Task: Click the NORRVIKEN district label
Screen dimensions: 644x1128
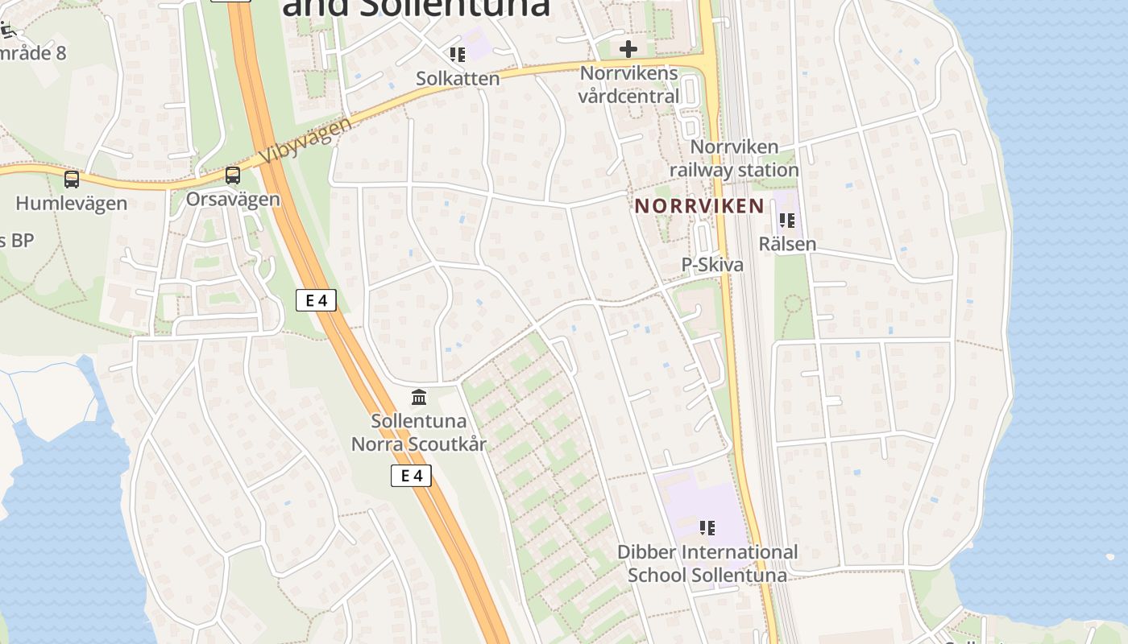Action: pos(699,205)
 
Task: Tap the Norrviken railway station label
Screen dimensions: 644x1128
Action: pos(734,159)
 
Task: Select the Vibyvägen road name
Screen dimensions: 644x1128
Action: pos(307,142)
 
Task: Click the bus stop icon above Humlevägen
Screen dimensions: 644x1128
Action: pos(72,179)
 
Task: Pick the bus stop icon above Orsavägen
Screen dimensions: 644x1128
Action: pos(233,175)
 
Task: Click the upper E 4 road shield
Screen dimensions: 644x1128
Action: pos(316,300)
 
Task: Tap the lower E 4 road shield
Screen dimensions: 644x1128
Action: pos(411,476)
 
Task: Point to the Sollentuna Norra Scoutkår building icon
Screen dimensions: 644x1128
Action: pos(419,397)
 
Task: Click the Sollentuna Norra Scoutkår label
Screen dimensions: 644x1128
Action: pos(419,432)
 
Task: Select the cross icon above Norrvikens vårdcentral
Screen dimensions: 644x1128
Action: pos(628,50)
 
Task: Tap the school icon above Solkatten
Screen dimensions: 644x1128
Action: pos(458,55)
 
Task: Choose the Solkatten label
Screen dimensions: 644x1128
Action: pos(458,78)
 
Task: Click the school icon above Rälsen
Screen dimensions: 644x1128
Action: pos(787,220)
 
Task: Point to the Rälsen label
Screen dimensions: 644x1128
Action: pos(787,244)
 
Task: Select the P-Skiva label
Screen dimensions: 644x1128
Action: pos(712,265)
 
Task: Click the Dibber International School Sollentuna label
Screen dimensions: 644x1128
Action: pos(707,563)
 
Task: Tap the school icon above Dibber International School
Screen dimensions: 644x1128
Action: pos(707,528)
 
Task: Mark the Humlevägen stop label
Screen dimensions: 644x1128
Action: pos(72,203)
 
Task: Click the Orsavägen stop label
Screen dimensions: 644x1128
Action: pos(233,199)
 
